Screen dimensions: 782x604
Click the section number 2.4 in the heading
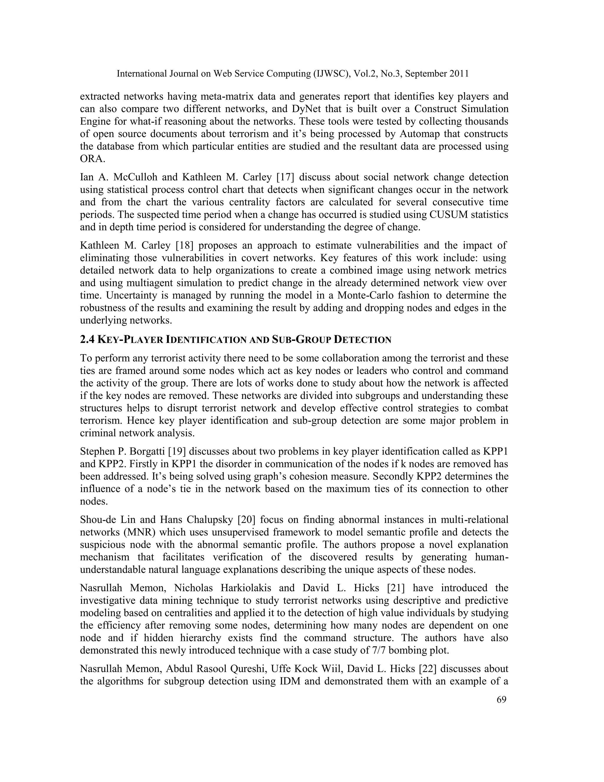pyautogui.click(x=87, y=339)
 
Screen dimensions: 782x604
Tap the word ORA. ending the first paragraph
pyautogui.click(x=92, y=159)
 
